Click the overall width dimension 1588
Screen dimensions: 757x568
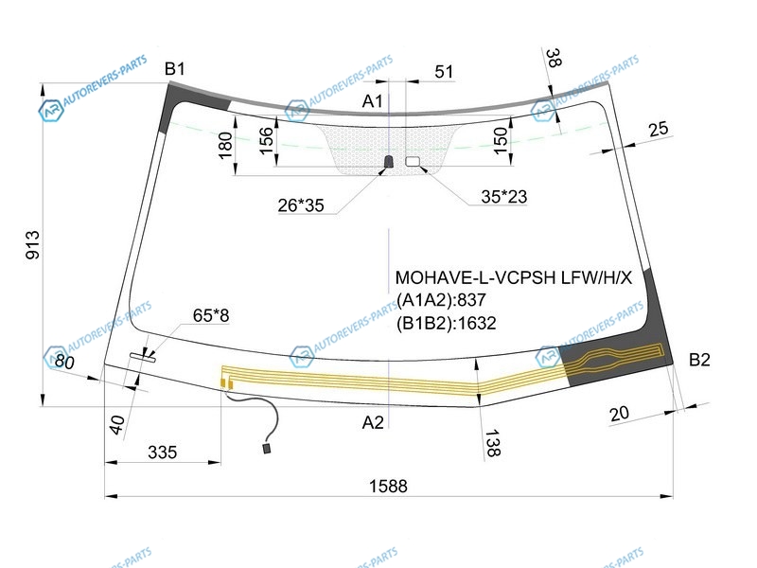pos(388,486)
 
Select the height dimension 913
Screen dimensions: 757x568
pos(33,245)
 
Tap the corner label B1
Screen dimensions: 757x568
pos(175,69)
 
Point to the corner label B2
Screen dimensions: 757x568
pos(699,360)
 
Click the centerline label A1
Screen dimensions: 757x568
pos(372,101)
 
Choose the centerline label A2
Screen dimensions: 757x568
pos(373,422)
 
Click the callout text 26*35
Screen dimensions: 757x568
pos(301,205)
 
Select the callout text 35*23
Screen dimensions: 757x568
pos(504,197)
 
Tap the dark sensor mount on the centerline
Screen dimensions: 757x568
pos(389,162)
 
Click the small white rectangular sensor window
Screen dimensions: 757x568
pos(413,161)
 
